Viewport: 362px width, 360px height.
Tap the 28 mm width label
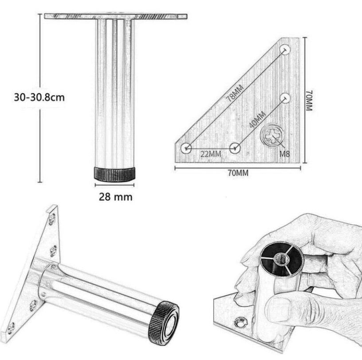coord(115,197)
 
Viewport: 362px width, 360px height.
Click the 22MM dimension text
coord(211,154)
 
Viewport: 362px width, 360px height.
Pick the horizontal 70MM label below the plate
coord(238,173)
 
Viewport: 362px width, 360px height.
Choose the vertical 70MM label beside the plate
coord(310,102)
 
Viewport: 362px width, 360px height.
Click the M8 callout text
coord(285,154)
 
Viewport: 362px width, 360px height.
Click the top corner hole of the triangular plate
coord(285,49)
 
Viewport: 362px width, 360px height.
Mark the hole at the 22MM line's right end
coord(235,148)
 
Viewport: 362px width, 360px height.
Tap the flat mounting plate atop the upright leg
coord(115,16)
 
